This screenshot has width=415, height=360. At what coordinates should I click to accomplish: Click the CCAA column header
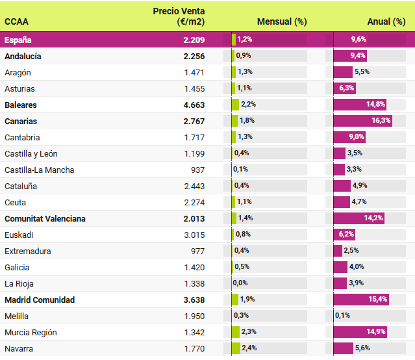point(16,21)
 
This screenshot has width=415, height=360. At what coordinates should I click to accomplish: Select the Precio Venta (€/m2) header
point(179,16)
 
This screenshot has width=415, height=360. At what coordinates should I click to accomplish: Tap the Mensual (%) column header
point(282,21)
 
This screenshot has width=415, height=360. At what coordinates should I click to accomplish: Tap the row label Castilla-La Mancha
point(39,170)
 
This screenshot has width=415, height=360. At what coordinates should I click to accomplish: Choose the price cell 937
point(197,170)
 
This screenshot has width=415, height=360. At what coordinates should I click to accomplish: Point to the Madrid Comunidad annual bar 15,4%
point(361,300)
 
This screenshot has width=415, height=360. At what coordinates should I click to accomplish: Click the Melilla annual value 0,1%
point(342,316)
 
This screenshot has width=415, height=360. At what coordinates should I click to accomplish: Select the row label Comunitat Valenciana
point(45,218)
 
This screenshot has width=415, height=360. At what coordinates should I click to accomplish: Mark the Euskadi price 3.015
point(194,235)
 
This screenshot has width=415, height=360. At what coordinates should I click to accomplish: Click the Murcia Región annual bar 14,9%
point(360,332)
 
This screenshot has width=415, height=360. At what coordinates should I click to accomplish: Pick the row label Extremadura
point(27,251)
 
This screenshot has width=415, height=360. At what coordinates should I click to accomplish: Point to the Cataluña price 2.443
point(194,186)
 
